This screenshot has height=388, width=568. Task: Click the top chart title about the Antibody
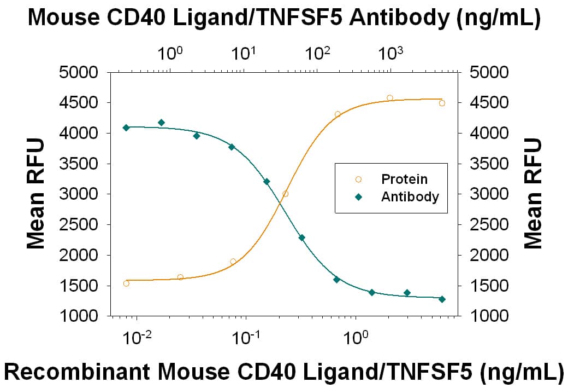click(x=284, y=19)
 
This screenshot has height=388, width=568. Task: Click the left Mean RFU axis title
click(x=36, y=194)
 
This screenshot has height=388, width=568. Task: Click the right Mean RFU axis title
click(x=533, y=194)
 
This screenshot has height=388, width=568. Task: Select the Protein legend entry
click(x=404, y=179)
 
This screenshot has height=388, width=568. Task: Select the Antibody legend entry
click(x=410, y=197)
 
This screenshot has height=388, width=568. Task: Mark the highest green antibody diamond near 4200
click(x=161, y=123)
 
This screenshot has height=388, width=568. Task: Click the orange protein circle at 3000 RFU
click(x=285, y=194)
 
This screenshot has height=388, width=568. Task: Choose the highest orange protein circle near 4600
click(x=389, y=98)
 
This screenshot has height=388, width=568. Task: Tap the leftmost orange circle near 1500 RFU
click(x=126, y=283)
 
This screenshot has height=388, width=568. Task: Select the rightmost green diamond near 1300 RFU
click(x=442, y=299)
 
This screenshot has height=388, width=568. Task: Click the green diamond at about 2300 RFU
click(x=301, y=238)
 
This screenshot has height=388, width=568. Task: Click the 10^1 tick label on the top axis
click(x=244, y=54)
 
